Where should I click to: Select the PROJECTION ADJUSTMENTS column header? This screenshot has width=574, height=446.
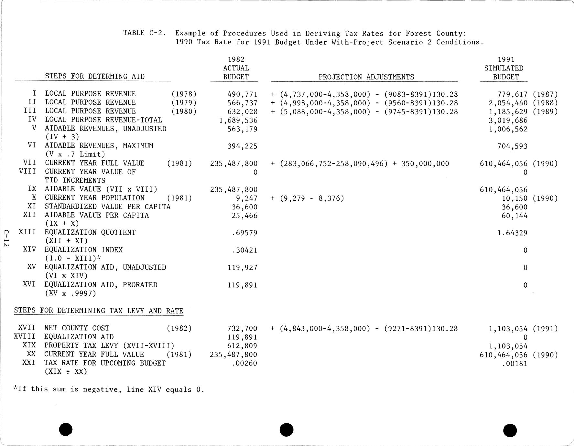366,77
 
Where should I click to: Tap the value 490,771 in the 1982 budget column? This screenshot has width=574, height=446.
242,94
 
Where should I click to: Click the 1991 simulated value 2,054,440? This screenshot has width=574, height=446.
508,103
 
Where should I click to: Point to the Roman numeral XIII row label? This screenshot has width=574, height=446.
27,232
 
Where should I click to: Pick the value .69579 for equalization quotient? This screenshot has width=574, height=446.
244,233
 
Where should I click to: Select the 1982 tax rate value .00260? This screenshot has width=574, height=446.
244,363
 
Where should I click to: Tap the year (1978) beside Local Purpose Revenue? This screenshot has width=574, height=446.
184,94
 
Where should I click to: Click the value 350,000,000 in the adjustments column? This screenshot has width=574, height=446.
425,164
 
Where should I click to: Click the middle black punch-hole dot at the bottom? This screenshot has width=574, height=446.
286,430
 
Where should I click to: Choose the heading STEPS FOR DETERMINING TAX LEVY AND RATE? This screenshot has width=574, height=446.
99,311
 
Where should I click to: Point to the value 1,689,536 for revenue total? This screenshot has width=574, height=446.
238,121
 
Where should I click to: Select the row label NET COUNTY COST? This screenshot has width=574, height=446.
77,328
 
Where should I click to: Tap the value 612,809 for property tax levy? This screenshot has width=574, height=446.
242,346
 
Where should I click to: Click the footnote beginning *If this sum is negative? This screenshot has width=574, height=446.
109,389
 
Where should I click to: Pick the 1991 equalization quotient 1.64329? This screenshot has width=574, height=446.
513,233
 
